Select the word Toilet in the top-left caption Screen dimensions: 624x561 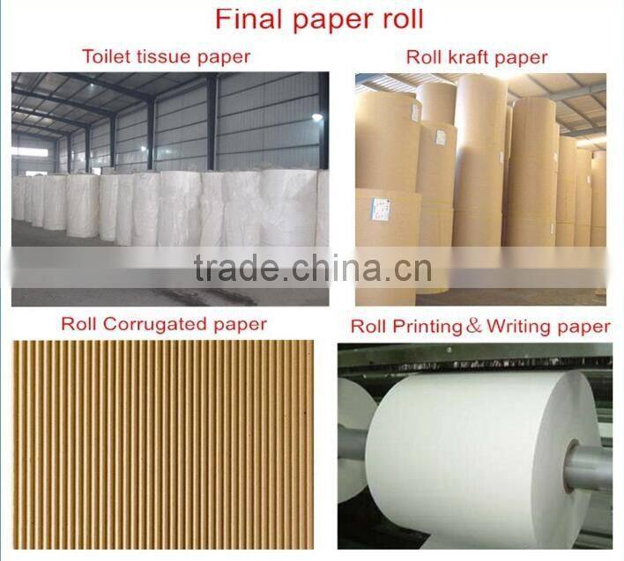pyautogui.click(x=104, y=57)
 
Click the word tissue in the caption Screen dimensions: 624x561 pyautogui.click(x=161, y=57)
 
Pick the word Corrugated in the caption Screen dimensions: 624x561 pyautogui.click(x=159, y=324)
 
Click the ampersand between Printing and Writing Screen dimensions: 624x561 pyautogui.click(x=473, y=327)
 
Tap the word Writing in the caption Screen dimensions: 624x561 pyautogui.click(x=519, y=327)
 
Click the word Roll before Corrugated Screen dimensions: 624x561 pyautogui.click(x=79, y=324)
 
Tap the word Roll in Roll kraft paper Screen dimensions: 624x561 pyautogui.click(x=425, y=58)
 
